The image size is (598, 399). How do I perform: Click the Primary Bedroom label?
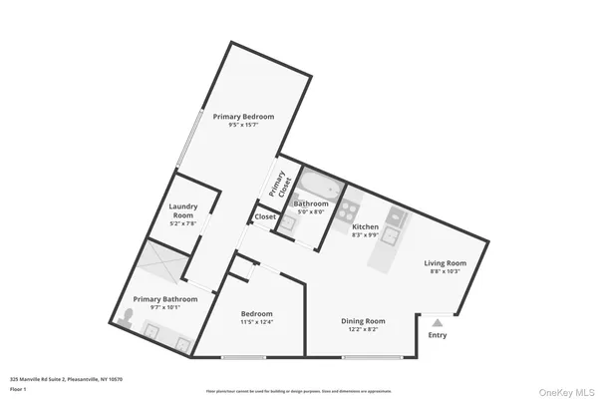pyautogui.click(x=243, y=117)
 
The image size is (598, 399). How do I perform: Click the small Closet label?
pyautogui.click(x=265, y=216)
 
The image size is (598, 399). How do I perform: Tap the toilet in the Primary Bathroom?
pyautogui.click(x=127, y=318)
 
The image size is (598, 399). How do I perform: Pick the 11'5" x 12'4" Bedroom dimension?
pyautogui.click(x=256, y=322)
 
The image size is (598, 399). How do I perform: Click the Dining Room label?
pyautogui.click(x=363, y=320)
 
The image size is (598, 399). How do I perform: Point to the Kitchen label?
pyautogui.click(x=366, y=226)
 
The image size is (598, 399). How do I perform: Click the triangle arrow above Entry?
pyautogui.click(x=437, y=321)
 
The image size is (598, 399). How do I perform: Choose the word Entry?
pyautogui.click(x=438, y=334)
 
